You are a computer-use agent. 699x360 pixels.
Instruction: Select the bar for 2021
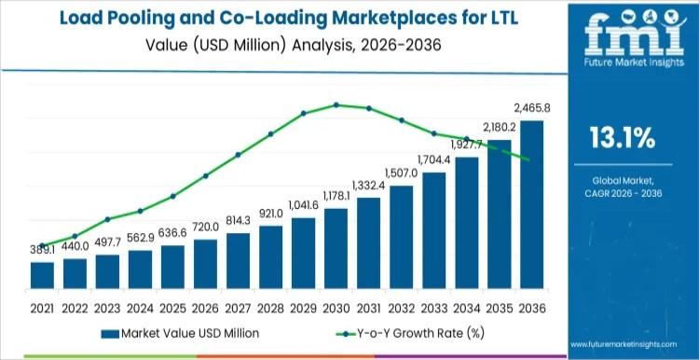click(x=42, y=276)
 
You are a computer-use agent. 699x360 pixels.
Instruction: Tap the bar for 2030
click(x=336, y=249)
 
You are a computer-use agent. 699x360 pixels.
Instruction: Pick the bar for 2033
click(x=433, y=231)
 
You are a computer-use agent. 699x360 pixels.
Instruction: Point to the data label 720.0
click(x=205, y=227)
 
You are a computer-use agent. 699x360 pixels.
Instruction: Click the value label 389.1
click(x=41, y=250)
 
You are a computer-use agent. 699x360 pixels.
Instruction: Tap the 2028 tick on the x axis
click(x=270, y=307)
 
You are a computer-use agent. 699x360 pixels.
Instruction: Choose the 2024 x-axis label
click(x=140, y=307)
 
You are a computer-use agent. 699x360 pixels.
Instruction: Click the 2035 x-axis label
click(x=499, y=307)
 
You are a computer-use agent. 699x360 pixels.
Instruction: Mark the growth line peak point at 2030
click(x=336, y=104)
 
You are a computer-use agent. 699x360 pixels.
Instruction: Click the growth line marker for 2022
click(x=75, y=236)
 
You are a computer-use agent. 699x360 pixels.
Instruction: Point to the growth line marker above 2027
click(x=238, y=155)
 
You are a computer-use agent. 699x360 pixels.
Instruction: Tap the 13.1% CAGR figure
click(x=622, y=139)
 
